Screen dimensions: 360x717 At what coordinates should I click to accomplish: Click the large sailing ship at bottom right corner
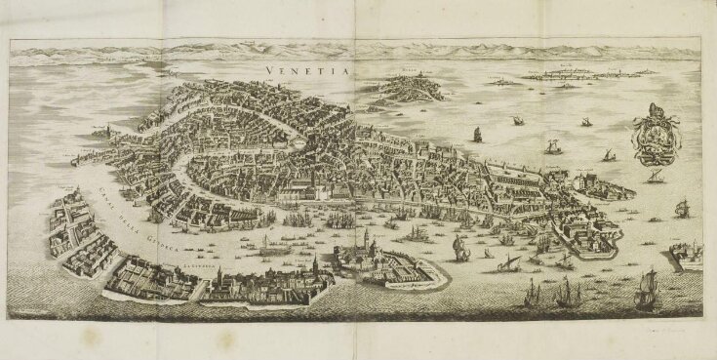point(645,290)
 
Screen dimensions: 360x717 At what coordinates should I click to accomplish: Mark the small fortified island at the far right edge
point(689,256)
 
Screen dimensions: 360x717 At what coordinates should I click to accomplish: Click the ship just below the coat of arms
point(656,177)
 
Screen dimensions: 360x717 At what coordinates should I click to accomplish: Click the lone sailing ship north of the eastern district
point(477,135)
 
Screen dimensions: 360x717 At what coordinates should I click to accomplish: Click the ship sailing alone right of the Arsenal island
point(682,207)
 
